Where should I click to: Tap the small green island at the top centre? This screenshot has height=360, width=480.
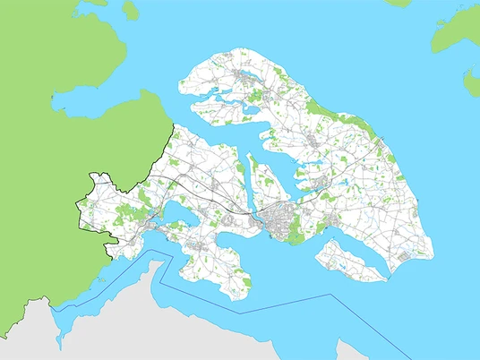coord(131,10)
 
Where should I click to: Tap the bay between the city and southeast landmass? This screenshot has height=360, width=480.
coord(313,237)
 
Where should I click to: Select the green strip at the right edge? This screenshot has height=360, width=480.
coord(471,81)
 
